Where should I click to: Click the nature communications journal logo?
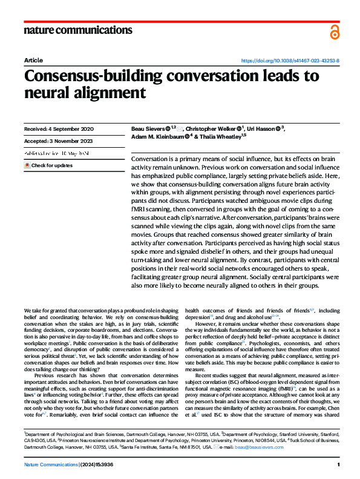click(78, 30)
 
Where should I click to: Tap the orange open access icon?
click(335, 31)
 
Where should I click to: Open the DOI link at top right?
click(290, 61)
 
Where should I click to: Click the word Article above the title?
click(33, 61)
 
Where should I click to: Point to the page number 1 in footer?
click(338, 465)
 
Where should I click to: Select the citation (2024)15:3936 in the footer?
click(102, 465)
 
